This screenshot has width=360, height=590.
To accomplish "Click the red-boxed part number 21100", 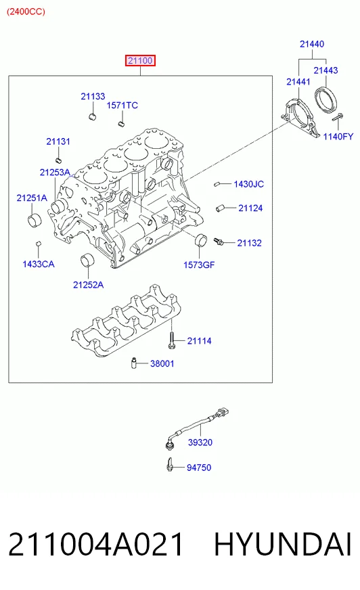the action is click(140, 61).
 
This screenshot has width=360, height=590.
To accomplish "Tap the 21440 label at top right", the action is click(312, 44).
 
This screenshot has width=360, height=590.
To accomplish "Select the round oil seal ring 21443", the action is click(325, 99).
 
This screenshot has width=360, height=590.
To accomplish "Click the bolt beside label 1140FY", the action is click(338, 117).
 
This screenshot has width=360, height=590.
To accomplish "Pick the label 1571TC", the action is click(122, 106).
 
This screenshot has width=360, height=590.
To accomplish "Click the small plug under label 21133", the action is click(93, 116).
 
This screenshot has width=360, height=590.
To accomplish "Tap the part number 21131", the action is click(58, 141).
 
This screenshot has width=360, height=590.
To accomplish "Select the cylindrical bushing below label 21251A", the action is click(35, 220).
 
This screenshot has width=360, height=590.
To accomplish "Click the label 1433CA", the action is click(39, 264).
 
